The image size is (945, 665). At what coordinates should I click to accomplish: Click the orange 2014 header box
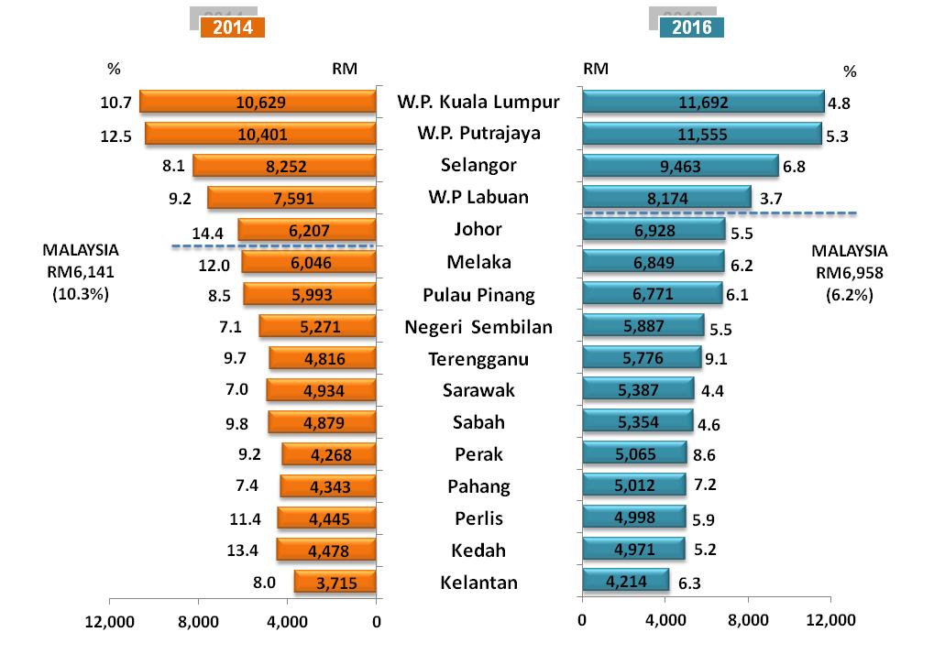coord(232,27)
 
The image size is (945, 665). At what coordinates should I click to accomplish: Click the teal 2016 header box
coord(692,27)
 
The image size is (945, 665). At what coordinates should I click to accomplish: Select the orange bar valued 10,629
coord(258,102)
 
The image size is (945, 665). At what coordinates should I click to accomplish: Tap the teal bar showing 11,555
coord(702,134)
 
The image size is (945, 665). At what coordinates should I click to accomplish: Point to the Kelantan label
coord(478,583)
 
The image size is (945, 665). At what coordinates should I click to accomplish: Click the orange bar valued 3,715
coord(335,583)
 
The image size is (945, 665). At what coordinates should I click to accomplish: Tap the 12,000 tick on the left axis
coord(109,621)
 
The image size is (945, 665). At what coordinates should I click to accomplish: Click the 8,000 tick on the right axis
coord(748,620)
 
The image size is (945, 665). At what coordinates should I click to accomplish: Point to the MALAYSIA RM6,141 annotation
coord(81,272)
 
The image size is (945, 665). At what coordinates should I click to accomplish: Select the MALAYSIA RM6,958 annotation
coord(850,272)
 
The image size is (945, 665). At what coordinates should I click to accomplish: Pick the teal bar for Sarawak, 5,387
coord(638,389)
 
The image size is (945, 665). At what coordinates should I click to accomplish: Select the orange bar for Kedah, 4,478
coord(326,550)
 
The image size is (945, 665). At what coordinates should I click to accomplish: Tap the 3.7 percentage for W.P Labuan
coord(773,198)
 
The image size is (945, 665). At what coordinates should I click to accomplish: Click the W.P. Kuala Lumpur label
coord(478,101)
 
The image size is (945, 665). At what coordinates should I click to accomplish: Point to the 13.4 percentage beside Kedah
coord(243,551)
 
